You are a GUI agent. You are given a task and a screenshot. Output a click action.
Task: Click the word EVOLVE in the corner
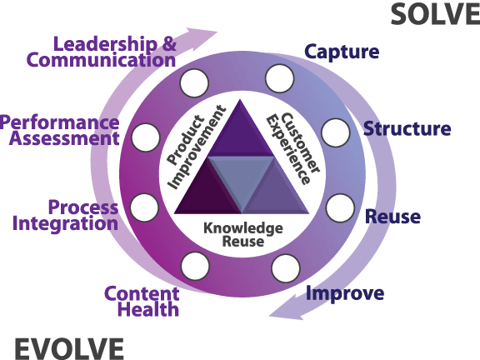pyautogui.click(x=68, y=347)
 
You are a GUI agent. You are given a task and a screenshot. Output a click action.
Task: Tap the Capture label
pyautogui.click(x=342, y=52)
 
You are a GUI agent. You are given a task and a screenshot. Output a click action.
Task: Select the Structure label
pyautogui.click(x=407, y=129)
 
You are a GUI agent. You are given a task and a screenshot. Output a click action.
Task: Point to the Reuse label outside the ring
pyautogui.click(x=392, y=217)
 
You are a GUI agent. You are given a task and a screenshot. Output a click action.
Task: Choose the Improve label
pyautogui.click(x=344, y=293)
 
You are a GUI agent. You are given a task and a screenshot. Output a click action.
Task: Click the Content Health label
pyautogui.click(x=142, y=302)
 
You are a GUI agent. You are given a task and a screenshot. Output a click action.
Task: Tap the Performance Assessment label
pyautogui.click(x=60, y=131)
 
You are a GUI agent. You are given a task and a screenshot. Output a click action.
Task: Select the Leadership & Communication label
pyautogui.click(x=102, y=52)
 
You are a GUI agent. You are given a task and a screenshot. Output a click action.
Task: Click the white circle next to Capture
pyautogui.click(x=280, y=79)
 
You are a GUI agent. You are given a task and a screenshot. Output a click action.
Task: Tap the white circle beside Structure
pyautogui.click(x=335, y=132)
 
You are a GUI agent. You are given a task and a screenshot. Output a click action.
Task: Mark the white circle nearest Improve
pyautogui.click(x=285, y=267)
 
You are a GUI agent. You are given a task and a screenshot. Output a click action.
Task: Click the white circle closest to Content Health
pyautogui.click(x=195, y=267)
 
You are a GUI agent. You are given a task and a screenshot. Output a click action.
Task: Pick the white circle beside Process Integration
pyautogui.click(x=144, y=208)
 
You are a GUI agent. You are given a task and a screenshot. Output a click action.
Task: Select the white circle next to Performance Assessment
pyautogui.click(x=145, y=136)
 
